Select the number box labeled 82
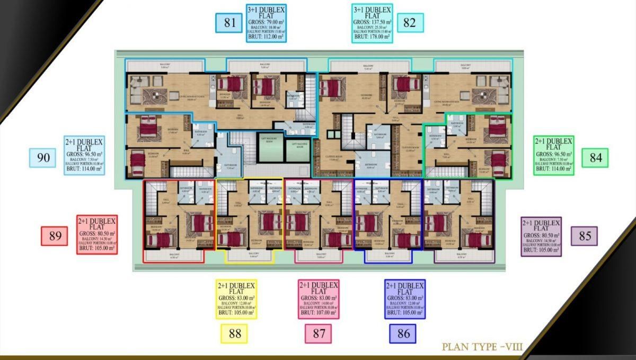pos(409,22)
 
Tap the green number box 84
pos(595,157)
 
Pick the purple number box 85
pos(584,236)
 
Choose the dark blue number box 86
pos(403,333)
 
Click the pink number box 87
pos(319,333)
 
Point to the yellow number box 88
pos(234,333)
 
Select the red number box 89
pos(55,235)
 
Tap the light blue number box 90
pos(43,157)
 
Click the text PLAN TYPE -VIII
pos(482,347)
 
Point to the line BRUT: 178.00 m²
pos(372,37)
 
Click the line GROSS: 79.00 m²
pos(266,22)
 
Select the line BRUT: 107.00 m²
pos(319,313)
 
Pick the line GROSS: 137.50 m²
pos(372,22)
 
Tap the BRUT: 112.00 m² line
pos(266,37)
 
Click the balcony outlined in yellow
pos(249,255)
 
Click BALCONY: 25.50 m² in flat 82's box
pos(372,28)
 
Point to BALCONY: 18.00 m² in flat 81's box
pos(266,28)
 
